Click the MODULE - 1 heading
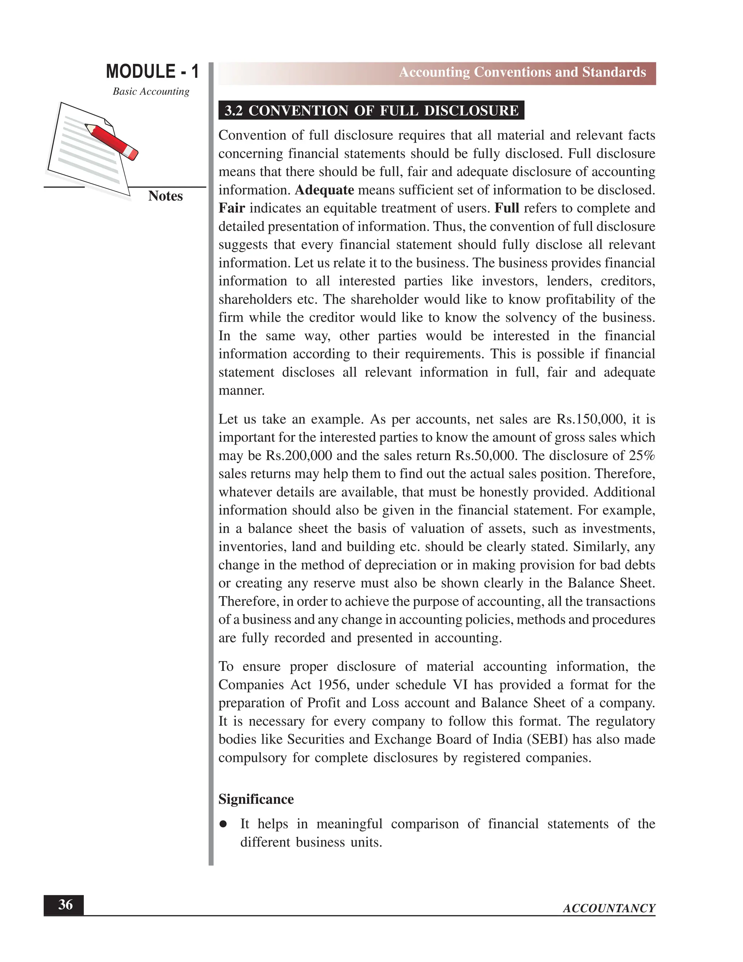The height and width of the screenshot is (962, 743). pos(152,72)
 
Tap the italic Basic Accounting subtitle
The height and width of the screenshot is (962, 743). pos(151,91)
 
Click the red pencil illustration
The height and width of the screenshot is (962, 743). pos(112,141)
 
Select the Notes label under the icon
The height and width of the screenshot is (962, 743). pos(165,196)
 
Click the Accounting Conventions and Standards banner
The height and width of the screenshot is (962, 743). pos(522,72)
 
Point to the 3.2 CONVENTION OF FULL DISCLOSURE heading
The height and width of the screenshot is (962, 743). pos(371,111)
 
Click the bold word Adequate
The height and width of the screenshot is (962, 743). pos(324,190)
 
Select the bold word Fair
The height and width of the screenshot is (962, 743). pos(231,208)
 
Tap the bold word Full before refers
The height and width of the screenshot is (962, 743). pos(506,208)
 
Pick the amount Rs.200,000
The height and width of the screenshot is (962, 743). pos(299,456)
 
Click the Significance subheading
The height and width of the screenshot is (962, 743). pos(256,799)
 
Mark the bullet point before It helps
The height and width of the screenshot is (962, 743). pos(223,824)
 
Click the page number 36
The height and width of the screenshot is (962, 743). pos(65,905)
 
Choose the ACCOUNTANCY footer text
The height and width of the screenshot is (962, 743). pos(609,908)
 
